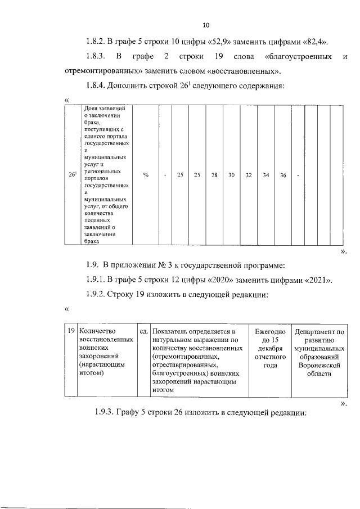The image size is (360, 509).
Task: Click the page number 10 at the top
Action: click(x=205, y=25)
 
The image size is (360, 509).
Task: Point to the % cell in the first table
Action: click(x=146, y=175)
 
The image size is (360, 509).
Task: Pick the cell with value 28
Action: click(x=214, y=175)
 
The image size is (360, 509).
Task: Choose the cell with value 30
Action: click(x=231, y=175)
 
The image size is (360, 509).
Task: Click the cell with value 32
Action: click(x=248, y=175)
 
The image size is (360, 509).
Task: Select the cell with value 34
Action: click(x=265, y=175)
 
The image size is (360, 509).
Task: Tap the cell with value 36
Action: click(x=283, y=175)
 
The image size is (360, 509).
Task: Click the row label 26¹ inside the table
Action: click(x=73, y=175)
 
